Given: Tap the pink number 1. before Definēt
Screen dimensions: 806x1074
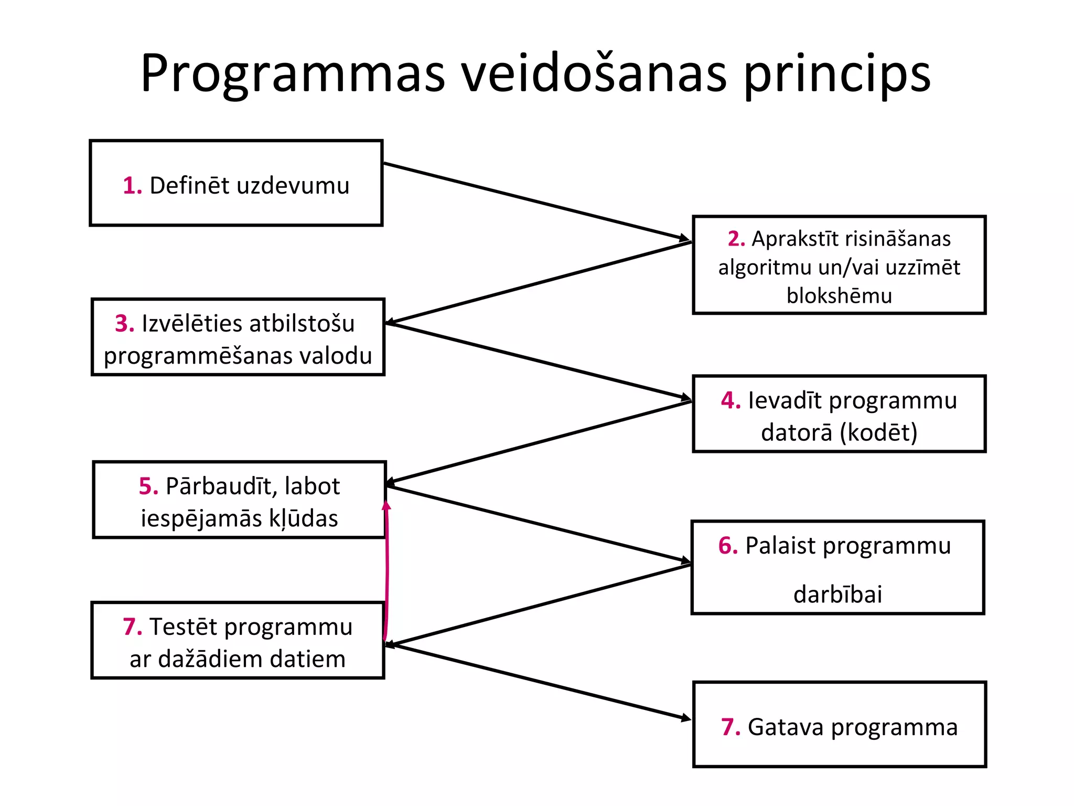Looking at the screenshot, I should (x=132, y=186).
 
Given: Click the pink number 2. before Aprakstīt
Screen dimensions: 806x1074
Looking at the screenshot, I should (x=736, y=239).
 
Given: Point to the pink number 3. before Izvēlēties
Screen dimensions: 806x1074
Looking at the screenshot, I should (x=125, y=323).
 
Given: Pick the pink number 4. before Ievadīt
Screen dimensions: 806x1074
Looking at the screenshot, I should (x=731, y=400).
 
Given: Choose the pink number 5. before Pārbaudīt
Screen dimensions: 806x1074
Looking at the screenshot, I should (x=148, y=486).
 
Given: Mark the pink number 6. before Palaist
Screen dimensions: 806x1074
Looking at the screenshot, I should (x=728, y=546).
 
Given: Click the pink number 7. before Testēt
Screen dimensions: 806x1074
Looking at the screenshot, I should (x=133, y=627).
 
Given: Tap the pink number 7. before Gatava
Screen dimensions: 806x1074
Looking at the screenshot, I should (x=731, y=727).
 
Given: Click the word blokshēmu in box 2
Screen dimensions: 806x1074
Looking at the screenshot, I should (x=839, y=296).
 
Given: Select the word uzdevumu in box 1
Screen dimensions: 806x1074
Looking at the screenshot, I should (x=293, y=186).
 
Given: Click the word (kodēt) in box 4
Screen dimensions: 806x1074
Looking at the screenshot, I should (x=878, y=432).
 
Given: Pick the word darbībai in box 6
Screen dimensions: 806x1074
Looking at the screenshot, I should (x=837, y=595).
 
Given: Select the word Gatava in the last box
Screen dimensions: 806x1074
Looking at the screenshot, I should (x=786, y=727).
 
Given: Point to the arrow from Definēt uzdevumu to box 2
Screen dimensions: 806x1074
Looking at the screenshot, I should (x=535, y=202).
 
